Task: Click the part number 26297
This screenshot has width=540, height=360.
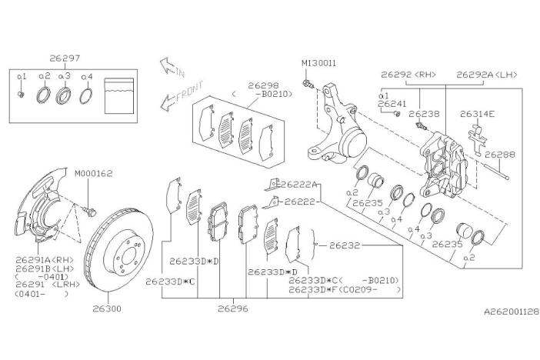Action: (x=65, y=58)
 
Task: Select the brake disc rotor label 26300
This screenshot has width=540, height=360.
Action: (x=107, y=308)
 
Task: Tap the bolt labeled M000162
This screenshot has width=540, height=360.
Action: (x=89, y=211)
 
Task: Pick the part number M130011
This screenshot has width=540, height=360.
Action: (x=319, y=63)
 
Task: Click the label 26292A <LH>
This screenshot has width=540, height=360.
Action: (x=487, y=75)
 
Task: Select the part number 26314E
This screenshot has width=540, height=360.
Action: (x=478, y=114)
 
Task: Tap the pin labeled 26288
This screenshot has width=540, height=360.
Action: (x=496, y=171)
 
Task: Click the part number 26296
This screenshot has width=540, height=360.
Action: (x=233, y=308)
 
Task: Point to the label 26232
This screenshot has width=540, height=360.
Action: (x=345, y=245)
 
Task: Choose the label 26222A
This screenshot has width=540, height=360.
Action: (x=298, y=185)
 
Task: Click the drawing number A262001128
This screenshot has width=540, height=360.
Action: (x=512, y=312)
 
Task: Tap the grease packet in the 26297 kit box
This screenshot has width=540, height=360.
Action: (x=118, y=96)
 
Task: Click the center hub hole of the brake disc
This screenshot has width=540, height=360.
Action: (x=129, y=256)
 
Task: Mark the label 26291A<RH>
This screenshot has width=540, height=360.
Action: (x=45, y=260)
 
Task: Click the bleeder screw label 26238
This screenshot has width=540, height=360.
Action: (x=425, y=114)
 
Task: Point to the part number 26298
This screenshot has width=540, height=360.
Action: (x=263, y=85)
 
